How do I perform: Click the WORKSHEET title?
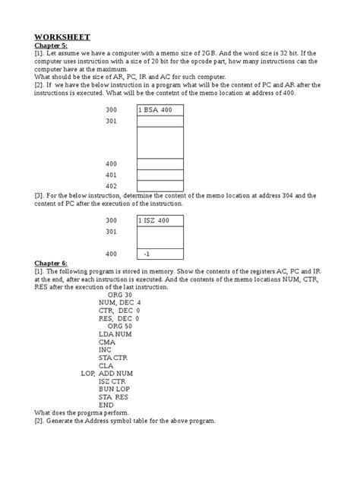[62, 36]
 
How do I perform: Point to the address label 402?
[112, 185]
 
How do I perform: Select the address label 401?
[112, 175]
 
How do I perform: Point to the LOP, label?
[88, 374]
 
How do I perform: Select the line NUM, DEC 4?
[120, 302]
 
